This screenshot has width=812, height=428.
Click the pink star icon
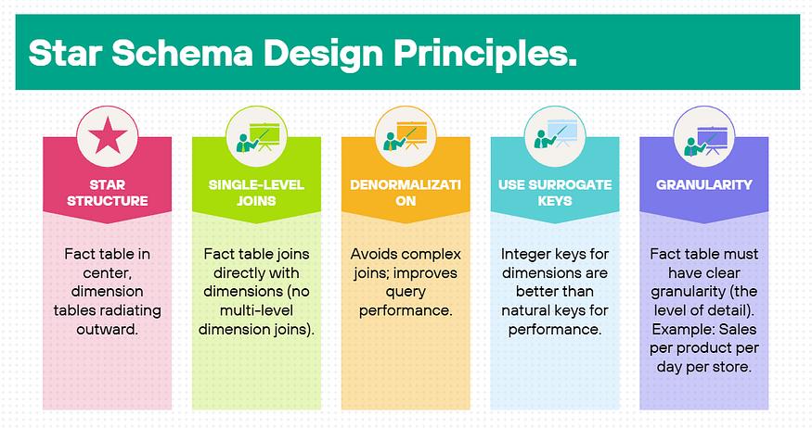tap(108, 135)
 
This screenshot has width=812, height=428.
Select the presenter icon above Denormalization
tap(406, 136)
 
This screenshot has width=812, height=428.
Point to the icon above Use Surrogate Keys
tap(555, 135)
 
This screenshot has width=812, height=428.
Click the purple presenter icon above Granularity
tap(704, 141)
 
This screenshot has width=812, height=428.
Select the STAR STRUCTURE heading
tap(108, 193)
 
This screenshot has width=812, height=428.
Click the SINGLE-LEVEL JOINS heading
tap(256, 193)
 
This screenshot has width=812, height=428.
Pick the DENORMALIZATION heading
tap(406, 193)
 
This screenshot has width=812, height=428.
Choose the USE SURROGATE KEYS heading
tap(555, 193)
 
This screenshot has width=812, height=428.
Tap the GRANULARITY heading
tap(703, 185)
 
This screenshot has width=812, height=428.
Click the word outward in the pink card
tap(108, 329)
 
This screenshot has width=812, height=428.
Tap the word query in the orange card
tap(406, 293)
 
